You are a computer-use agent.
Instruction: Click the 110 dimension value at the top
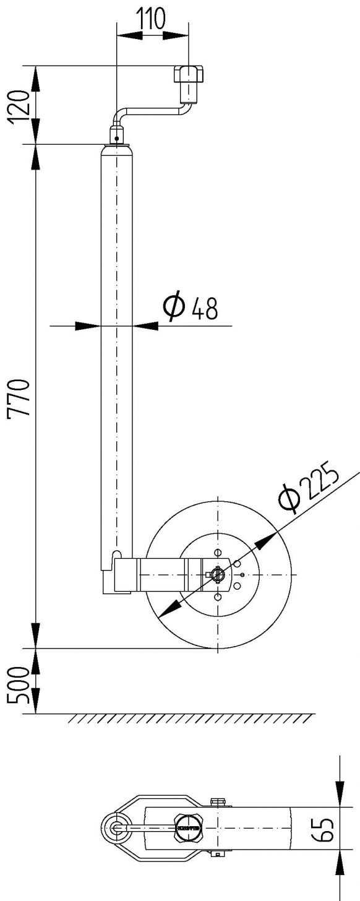point(151,20)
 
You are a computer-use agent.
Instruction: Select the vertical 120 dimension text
point(21,105)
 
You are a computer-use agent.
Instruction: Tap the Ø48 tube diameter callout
point(191,308)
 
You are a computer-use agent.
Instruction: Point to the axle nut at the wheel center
point(216,574)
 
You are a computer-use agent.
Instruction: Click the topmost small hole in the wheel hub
point(216,552)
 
